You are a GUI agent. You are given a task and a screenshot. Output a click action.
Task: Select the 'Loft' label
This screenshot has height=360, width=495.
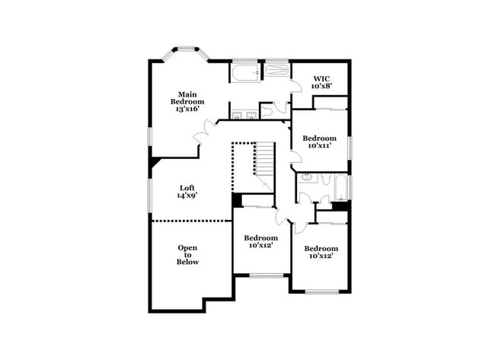187,188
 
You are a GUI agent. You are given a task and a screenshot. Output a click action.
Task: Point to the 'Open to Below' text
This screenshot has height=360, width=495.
188,254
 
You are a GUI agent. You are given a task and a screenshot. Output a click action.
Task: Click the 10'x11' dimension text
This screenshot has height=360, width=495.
319,146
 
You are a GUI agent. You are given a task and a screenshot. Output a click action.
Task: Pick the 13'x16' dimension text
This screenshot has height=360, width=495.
187,109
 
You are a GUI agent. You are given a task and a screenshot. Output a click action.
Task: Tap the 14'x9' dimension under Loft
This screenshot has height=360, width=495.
187,196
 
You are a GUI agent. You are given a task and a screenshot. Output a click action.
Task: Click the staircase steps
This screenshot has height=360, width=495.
263,161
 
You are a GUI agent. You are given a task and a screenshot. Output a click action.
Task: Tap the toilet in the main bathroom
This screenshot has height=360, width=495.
269,111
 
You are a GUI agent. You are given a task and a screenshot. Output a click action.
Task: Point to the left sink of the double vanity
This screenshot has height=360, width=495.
238,116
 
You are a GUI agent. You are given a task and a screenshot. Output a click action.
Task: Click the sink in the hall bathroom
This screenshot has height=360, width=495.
308,179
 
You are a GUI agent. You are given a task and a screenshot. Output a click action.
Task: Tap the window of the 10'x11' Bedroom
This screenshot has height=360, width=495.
350,147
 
